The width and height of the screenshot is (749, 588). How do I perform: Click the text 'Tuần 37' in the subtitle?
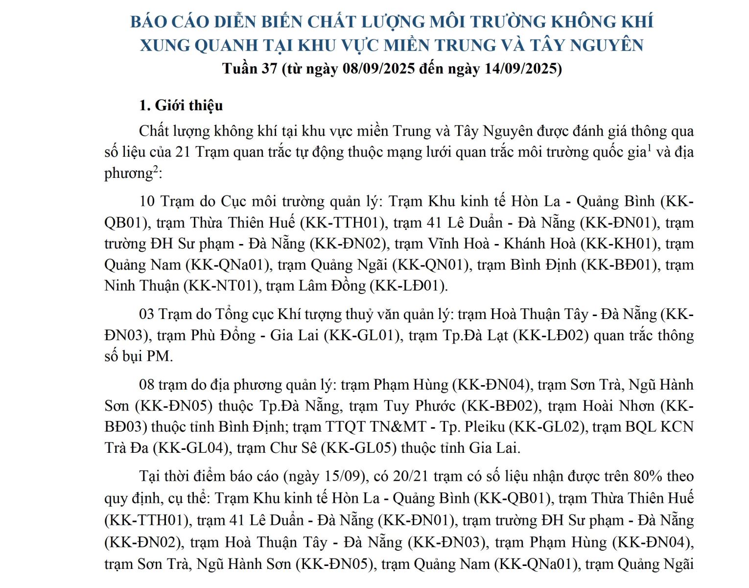(x=250, y=68)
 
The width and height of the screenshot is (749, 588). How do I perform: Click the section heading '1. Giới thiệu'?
(x=181, y=105)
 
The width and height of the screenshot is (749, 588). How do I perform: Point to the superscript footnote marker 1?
(x=649, y=147)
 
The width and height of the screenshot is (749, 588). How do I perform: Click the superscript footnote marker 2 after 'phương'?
(x=156, y=169)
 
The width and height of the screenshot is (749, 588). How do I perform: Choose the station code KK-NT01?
(x=220, y=286)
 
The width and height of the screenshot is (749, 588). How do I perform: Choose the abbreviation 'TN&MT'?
(x=398, y=427)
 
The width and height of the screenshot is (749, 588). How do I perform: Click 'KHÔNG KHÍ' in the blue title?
(x=602, y=22)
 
